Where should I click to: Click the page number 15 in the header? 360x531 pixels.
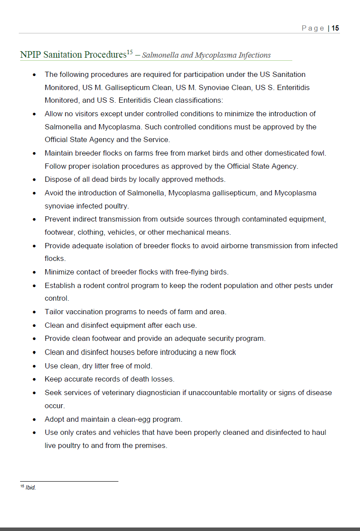click(x=335, y=28)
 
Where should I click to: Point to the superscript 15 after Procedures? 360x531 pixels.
click(x=130, y=53)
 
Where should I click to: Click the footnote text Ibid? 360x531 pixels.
click(x=31, y=488)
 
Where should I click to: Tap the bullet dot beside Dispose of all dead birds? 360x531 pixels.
click(x=35, y=180)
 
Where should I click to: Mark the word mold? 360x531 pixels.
click(x=143, y=366)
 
